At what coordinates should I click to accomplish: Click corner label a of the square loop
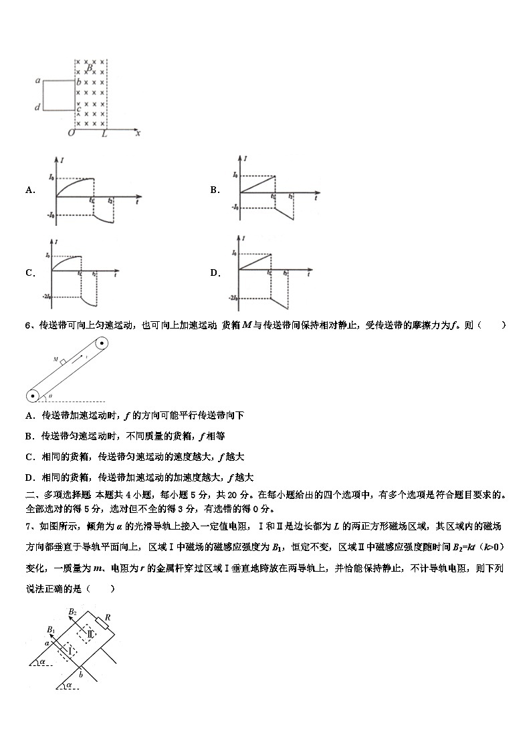click(x=38, y=81)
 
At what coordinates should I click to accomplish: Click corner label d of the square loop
click(x=37, y=108)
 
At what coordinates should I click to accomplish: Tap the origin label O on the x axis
click(x=71, y=134)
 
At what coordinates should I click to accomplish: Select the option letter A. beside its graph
click(x=30, y=190)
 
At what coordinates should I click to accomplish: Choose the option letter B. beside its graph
click(x=215, y=190)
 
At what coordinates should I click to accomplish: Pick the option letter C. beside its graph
click(x=30, y=272)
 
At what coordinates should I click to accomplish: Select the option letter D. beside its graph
click(x=215, y=272)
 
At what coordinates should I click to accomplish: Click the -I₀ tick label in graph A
click(x=49, y=214)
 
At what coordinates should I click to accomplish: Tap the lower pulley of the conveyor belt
click(x=31, y=396)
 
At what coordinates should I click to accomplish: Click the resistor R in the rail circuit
click(x=103, y=624)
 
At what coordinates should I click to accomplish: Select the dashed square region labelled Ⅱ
click(x=88, y=632)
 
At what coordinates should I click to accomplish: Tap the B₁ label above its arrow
click(x=51, y=629)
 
